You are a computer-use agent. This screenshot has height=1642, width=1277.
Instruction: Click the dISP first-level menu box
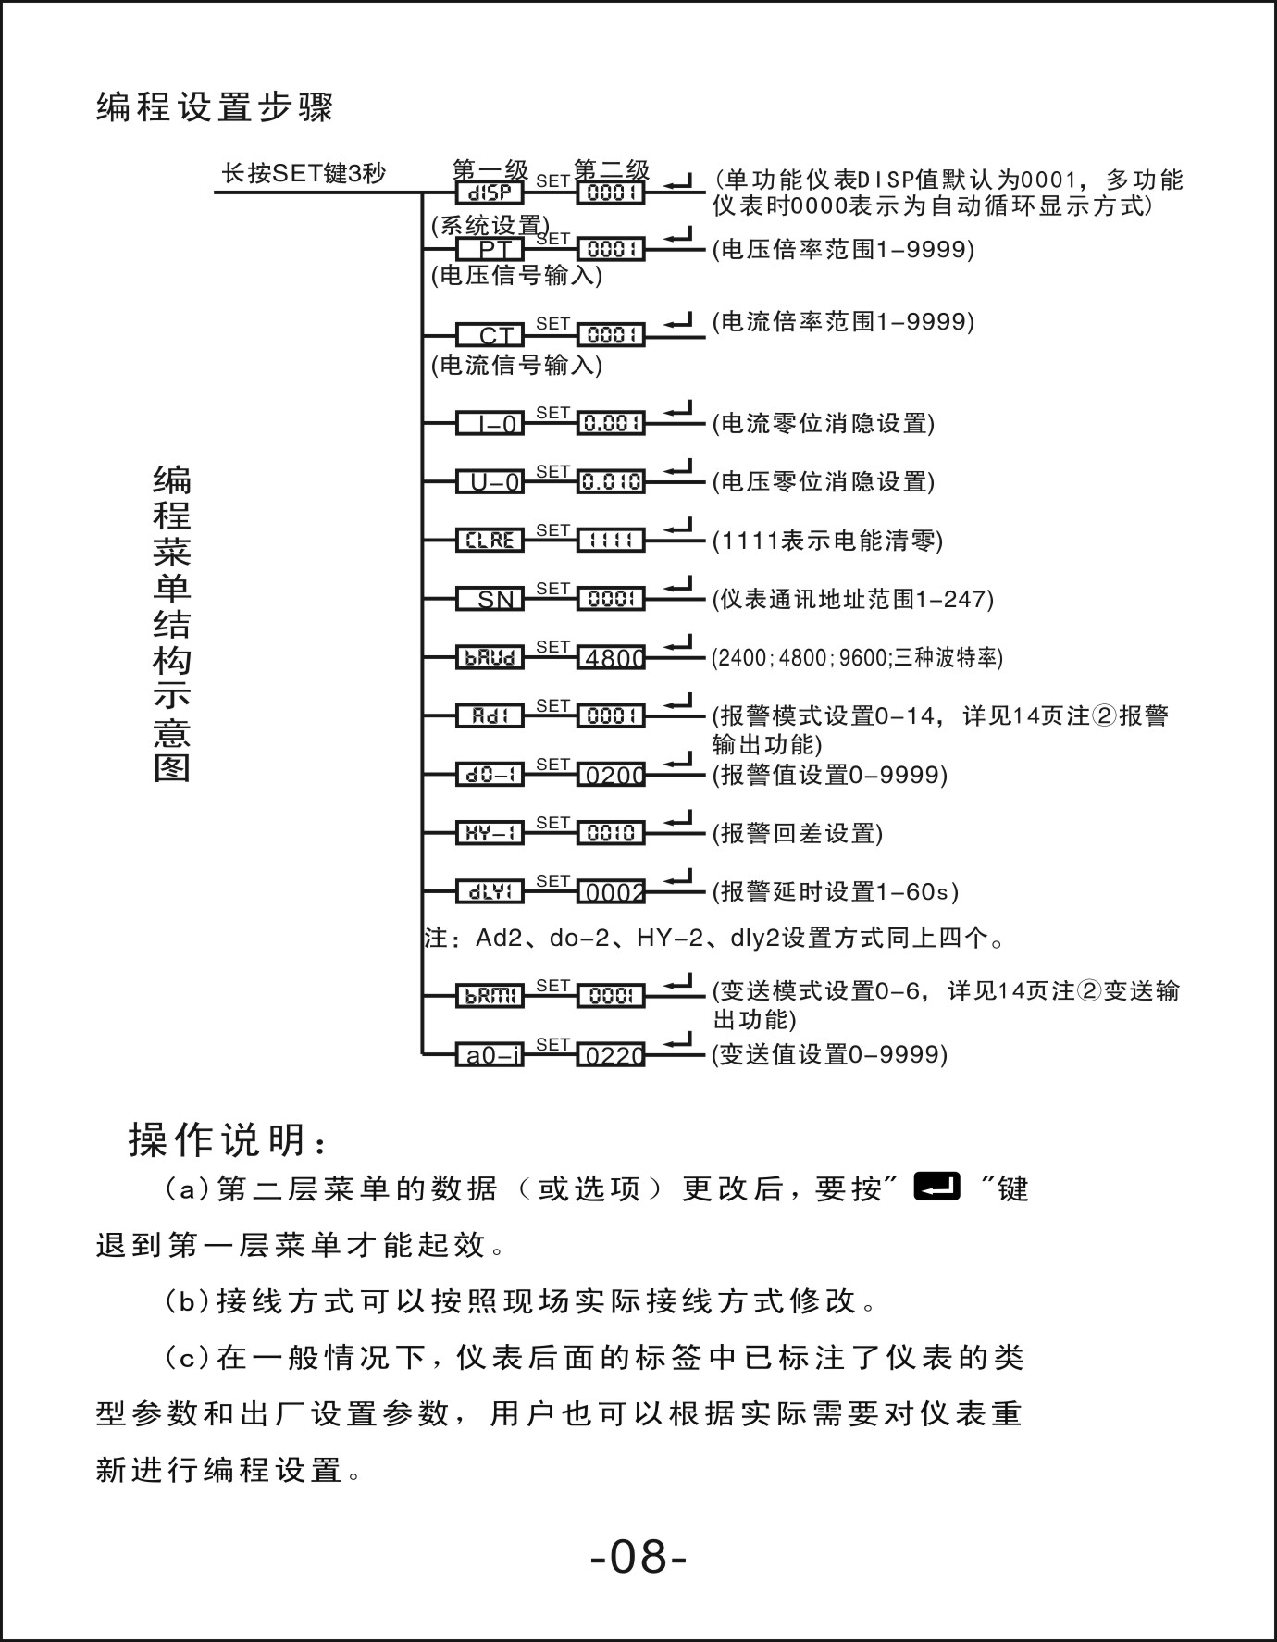[490, 193]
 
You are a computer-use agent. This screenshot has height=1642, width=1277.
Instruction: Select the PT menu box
[490, 250]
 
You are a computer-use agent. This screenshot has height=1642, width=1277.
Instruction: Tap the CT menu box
[490, 335]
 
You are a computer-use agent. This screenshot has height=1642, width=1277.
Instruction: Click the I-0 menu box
[490, 424]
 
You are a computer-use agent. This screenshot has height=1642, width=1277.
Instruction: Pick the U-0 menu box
[490, 482]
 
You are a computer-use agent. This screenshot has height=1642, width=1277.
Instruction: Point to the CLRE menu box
[490, 541]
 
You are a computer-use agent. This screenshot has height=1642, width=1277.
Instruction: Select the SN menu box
[490, 599]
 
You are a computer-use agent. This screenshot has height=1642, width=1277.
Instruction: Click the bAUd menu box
[490, 658]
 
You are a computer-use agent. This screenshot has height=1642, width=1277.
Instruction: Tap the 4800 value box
[611, 658]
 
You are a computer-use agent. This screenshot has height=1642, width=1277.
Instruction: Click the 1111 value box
[611, 541]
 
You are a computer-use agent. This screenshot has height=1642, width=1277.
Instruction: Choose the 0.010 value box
[611, 482]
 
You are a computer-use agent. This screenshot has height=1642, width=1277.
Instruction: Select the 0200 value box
[611, 775]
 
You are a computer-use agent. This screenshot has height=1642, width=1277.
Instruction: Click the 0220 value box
[611, 1054]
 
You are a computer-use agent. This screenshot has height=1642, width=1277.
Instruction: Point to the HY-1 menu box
[490, 833]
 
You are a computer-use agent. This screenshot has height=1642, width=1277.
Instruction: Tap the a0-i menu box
[490, 1054]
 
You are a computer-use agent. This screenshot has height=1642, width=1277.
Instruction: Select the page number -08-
[638, 1558]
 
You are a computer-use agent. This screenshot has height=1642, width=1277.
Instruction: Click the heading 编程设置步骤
[215, 108]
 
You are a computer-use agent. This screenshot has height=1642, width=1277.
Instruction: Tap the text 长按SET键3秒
[304, 173]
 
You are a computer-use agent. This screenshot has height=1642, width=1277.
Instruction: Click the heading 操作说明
[227, 1140]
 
